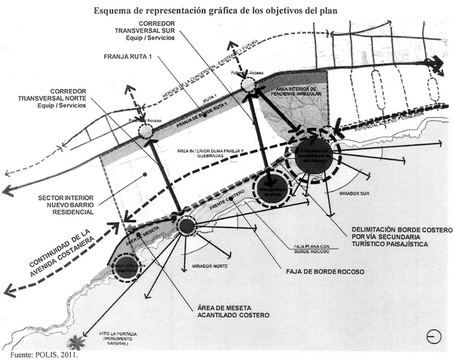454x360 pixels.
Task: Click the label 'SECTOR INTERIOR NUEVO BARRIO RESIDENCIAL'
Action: (66, 205)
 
